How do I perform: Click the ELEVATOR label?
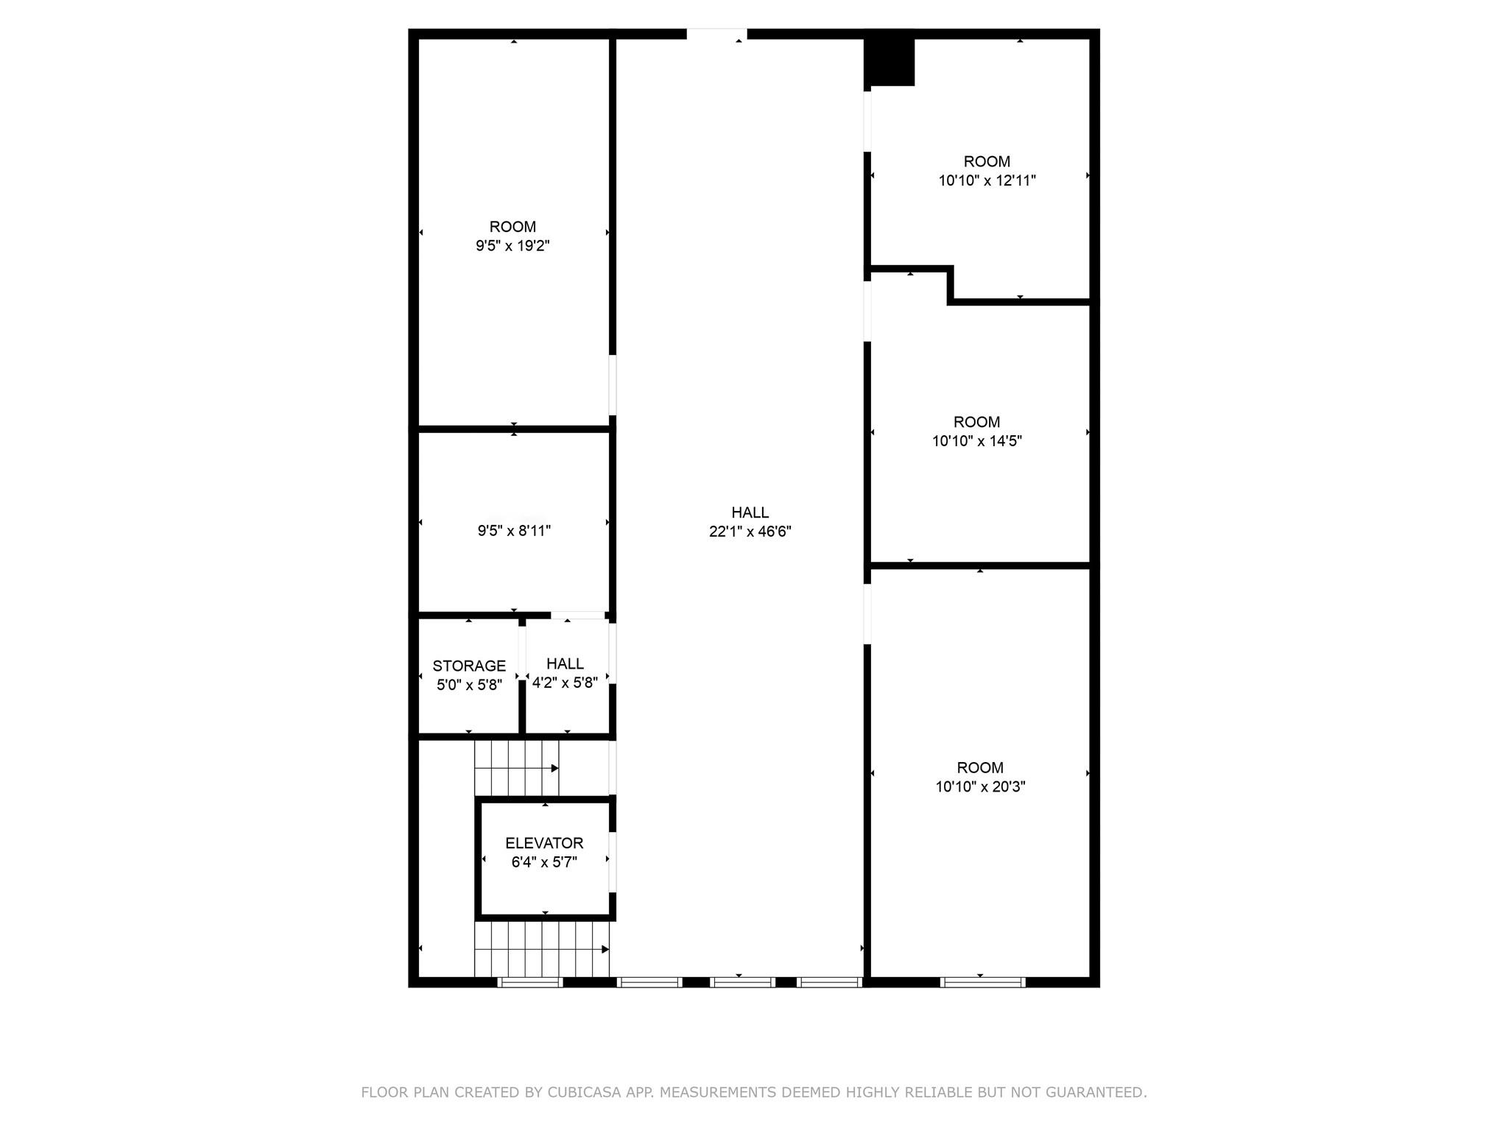click(544, 843)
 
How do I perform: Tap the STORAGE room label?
click(469, 666)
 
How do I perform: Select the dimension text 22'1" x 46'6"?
click(750, 532)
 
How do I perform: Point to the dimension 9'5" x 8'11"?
click(514, 531)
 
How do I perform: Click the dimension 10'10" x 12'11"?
click(987, 180)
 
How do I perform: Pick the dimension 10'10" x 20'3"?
click(980, 786)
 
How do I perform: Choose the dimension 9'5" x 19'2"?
click(512, 246)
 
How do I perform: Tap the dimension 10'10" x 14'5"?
click(977, 441)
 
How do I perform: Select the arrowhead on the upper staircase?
click(555, 769)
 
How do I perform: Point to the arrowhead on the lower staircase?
click(605, 950)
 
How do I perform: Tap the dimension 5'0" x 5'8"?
click(469, 685)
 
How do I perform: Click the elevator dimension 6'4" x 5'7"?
click(544, 862)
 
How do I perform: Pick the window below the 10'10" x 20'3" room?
click(983, 982)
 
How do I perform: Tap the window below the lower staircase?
click(530, 982)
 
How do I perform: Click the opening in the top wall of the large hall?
click(717, 34)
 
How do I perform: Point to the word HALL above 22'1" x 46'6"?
click(750, 512)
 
